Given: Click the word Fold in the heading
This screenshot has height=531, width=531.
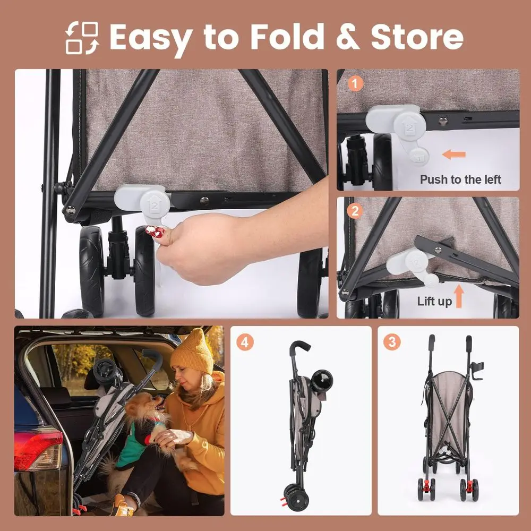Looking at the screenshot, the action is [287, 37].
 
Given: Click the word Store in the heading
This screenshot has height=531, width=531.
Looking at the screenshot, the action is [417, 37].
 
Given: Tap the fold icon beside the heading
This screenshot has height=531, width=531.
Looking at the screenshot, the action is [82, 38].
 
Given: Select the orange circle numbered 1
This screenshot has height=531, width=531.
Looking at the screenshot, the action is [355, 84].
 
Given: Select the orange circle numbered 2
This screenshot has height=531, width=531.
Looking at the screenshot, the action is [355, 211].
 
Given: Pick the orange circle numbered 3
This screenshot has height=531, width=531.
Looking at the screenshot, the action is [392, 342].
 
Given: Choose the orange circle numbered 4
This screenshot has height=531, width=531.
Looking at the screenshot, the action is [245, 342].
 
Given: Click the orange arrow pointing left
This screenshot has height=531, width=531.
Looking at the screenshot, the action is [454, 155].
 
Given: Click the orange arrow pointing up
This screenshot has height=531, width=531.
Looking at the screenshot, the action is [459, 296].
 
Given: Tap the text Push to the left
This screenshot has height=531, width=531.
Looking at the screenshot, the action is [460, 179].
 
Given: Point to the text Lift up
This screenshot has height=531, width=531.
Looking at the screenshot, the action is [434, 302].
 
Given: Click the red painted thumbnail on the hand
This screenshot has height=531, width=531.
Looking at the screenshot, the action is [155, 232].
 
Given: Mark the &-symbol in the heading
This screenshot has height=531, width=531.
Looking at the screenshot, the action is [348, 37].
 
